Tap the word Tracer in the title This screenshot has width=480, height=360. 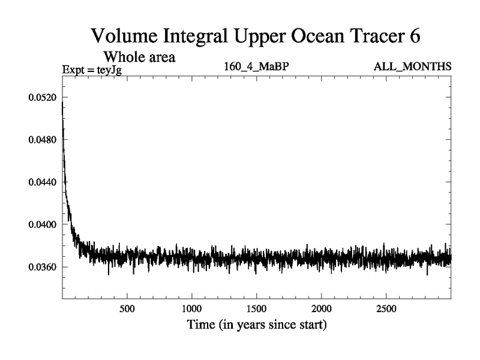click(x=370, y=35)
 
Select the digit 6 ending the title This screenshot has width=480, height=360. click(x=414, y=35)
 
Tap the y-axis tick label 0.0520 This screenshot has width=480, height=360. click(x=41, y=97)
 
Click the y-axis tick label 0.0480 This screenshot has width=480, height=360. click(x=41, y=140)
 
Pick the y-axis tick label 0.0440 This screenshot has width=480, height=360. click(x=41, y=182)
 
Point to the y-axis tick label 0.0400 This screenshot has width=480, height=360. click(x=41, y=224)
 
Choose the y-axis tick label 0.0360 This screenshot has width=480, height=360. click(x=41, y=266)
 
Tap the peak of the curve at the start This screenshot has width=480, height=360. click(x=63, y=103)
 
